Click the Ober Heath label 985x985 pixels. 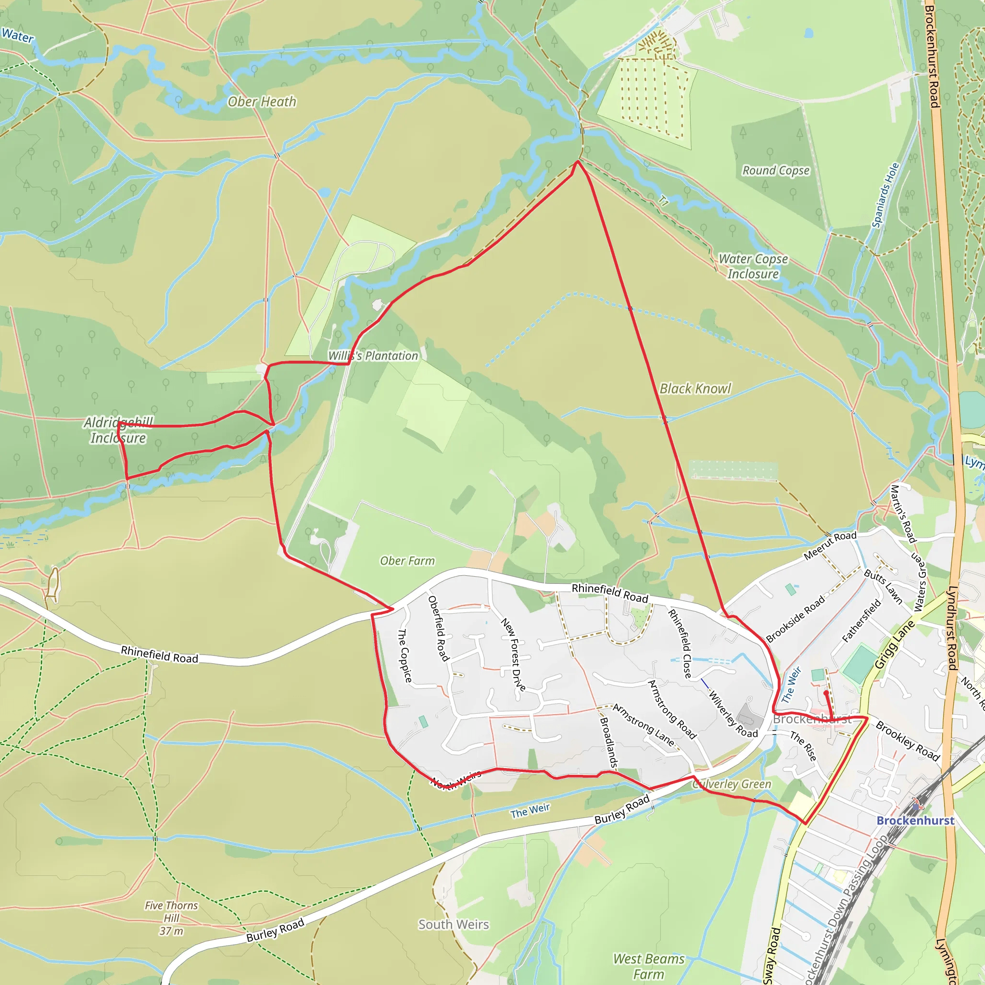[x=262, y=102]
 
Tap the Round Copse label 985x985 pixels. [x=775, y=170]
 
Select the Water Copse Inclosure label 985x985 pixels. [x=753, y=266]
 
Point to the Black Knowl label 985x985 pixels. [x=695, y=389]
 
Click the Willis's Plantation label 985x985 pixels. [x=373, y=356]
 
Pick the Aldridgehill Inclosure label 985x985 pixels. [x=118, y=430]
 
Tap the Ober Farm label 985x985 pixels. [x=407, y=561]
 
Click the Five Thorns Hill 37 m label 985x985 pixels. [x=171, y=918]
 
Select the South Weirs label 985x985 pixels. [x=454, y=924]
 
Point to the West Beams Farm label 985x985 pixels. [x=648, y=967]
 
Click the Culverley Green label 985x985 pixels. [x=732, y=784]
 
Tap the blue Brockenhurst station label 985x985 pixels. [x=915, y=821]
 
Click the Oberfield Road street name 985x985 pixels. [x=439, y=629]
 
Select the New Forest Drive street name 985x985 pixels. [x=513, y=655]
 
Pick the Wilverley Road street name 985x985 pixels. [x=733, y=714]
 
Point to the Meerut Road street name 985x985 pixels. [x=830, y=545]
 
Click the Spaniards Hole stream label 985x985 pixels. [x=885, y=195]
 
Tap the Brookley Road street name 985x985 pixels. [x=908, y=741]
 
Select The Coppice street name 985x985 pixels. [x=404, y=655]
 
